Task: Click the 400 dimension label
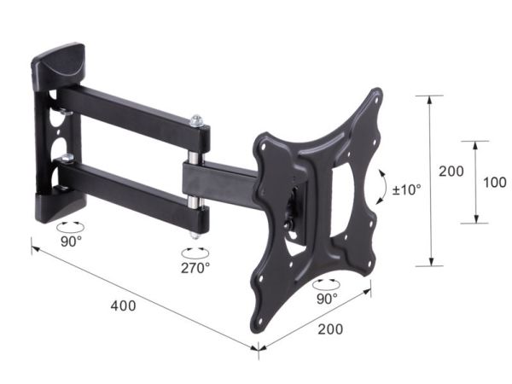coord(123,306)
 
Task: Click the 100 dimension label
coord(495,183)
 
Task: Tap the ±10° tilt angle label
coord(406,189)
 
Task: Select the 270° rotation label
coord(195,268)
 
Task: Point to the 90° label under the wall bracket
coord(71,241)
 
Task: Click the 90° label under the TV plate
coord(327,299)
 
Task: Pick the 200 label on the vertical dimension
coord(451,172)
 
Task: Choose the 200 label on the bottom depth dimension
coord(330,329)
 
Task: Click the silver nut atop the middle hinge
coord(196,120)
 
